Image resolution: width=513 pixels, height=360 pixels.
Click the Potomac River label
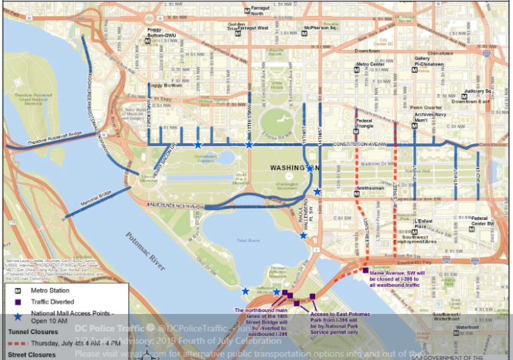145,251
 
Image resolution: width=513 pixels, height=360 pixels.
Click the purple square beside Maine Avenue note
365,270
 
